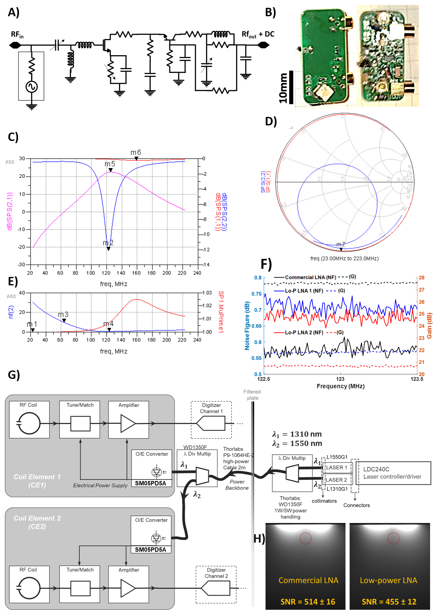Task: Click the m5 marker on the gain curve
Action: [x=110, y=170]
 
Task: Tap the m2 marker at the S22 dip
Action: [x=108, y=249]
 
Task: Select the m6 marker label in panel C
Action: [x=136, y=152]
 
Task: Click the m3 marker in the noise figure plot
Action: [x=64, y=320]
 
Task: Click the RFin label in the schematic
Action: [x=17, y=35]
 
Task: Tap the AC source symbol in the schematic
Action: [x=31, y=87]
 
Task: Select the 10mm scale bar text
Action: [x=283, y=88]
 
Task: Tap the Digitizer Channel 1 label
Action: [x=211, y=408]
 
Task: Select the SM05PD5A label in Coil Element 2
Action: [x=151, y=549]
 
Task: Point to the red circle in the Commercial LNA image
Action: [x=305, y=538]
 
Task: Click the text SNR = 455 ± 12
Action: [x=389, y=602]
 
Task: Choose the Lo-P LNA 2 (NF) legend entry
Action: [x=304, y=332]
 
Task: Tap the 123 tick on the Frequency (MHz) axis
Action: [x=340, y=379]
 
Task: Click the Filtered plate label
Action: [x=252, y=395]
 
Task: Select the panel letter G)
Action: [x=14, y=375]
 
